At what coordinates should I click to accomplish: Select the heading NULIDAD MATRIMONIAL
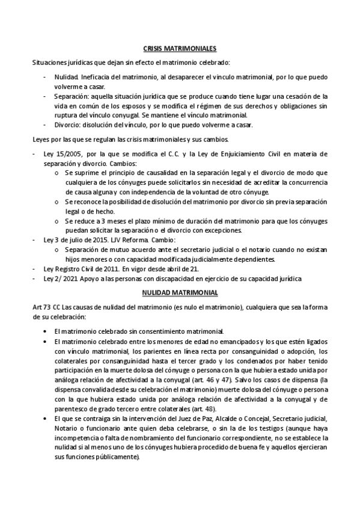pos(180,292)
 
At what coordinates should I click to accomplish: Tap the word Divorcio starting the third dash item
pos(67,125)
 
